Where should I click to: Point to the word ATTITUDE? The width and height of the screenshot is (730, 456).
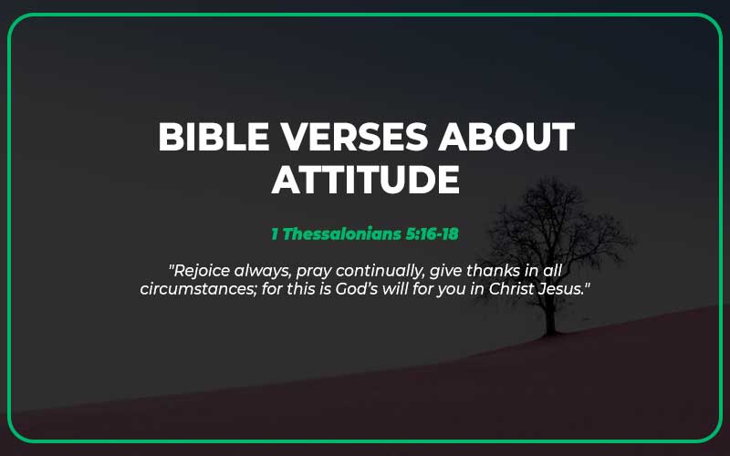coord(365,180)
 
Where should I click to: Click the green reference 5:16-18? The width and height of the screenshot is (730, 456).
coord(434,233)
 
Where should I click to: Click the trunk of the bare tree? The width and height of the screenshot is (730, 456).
coord(550,315)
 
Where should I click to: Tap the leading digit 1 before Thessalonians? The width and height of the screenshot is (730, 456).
coord(275,233)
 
